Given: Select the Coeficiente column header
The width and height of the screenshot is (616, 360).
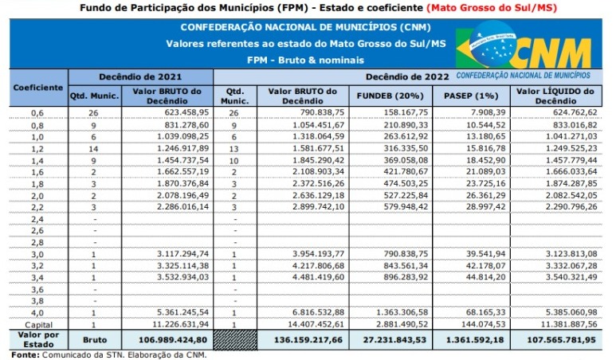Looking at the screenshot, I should tap(37, 86).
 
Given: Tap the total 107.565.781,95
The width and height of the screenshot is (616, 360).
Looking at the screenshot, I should tap(561, 339).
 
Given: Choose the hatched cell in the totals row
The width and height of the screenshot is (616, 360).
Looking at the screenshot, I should tap(237, 339).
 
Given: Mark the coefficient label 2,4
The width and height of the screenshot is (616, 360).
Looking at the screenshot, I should tap(37, 218).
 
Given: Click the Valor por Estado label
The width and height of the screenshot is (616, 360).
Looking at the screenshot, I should tap(37, 339).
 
